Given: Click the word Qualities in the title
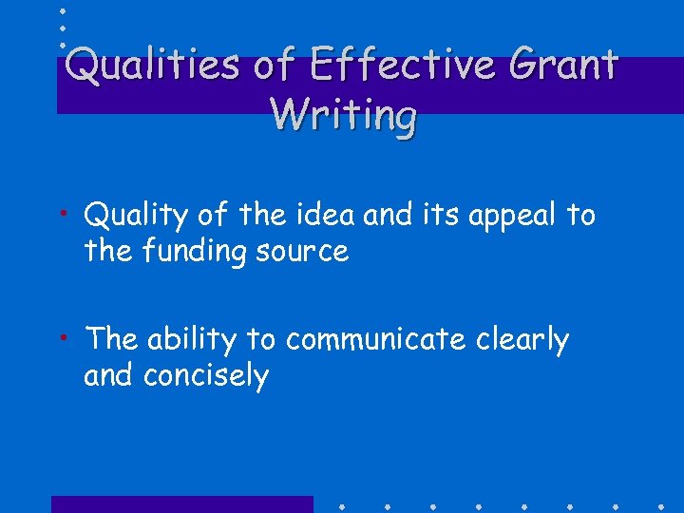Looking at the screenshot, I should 151,66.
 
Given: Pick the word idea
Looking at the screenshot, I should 323,216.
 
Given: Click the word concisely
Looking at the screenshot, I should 206,375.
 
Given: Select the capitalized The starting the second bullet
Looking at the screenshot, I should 112,339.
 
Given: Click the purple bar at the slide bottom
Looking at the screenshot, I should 180,503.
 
